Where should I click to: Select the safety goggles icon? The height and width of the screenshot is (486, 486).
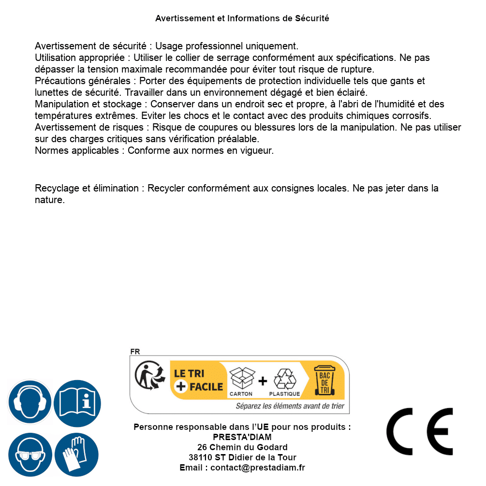[29, 455]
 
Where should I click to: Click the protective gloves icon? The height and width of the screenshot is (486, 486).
[77, 455]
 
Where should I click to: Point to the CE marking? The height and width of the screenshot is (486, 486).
[420, 431]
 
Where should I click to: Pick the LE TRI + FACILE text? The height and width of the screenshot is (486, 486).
[198, 380]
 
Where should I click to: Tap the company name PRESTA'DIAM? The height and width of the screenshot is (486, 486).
[242, 437]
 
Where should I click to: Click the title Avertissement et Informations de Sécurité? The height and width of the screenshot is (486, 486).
[242, 18]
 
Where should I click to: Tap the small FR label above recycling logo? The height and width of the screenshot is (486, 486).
[135, 352]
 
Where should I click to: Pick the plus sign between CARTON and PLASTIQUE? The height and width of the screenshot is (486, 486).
[263, 381]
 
